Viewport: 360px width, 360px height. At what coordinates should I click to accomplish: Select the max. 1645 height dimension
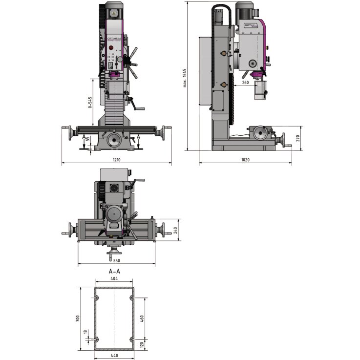tap(185, 79)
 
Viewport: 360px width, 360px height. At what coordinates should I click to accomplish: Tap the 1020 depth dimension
tap(245, 160)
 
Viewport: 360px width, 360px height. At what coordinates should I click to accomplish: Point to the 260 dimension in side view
tap(245, 83)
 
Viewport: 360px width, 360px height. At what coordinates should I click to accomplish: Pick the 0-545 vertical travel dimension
tap(89, 104)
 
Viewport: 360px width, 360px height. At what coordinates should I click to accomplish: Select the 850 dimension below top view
tap(116, 261)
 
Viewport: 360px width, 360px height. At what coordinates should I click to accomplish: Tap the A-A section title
tap(114, 270)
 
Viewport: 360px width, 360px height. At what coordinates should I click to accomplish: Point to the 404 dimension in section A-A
tap(114, 278)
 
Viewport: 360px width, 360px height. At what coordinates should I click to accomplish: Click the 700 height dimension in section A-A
tap(77, 318)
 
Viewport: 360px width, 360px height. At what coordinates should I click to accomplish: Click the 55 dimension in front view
tap(88, 139)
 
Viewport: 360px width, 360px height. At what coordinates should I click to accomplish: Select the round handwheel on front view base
tap(116, 141)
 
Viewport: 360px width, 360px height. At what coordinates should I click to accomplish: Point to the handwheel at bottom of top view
tap(114, 253)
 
